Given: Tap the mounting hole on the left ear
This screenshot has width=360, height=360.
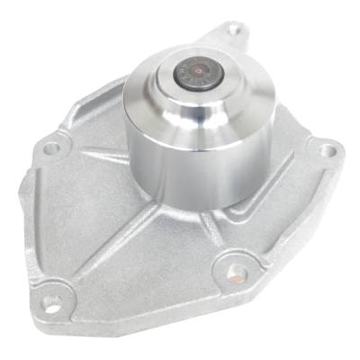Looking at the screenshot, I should pyautogui.click(x=51, y=147).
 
